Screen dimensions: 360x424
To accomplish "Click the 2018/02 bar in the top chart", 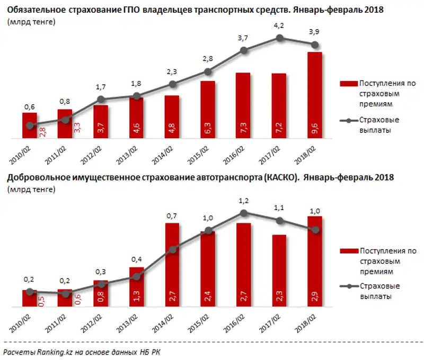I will coord(315,95).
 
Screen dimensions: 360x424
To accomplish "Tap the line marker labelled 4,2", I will coord(279,38).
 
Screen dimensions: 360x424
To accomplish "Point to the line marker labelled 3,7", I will coord(244,50).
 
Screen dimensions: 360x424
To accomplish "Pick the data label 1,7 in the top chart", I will coord(101,87).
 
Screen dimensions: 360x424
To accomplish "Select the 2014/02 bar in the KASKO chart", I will coord(172,265).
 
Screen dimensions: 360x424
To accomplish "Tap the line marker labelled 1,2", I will coord(244,213).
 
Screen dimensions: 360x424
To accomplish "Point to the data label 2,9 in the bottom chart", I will coord(315,296).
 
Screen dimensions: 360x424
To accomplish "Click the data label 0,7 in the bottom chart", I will coord(172,216).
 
